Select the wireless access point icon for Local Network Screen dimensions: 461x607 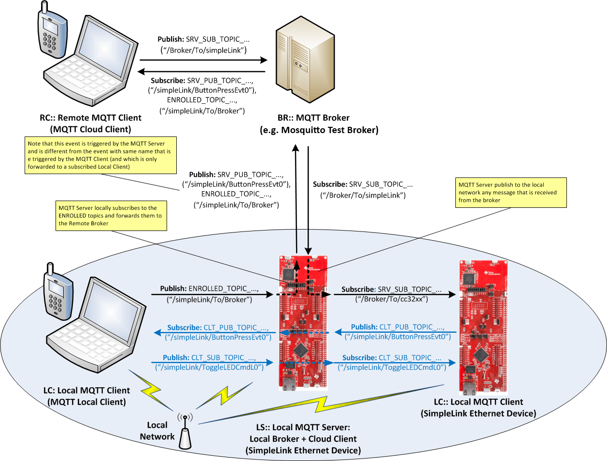185,431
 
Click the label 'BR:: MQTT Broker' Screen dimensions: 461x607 313,118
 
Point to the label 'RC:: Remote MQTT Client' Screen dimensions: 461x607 90,118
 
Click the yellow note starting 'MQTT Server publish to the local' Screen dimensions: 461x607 511,192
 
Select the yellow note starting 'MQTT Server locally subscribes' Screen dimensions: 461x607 112,216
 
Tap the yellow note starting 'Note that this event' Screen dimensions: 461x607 100,155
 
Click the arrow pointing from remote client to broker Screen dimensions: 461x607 203,60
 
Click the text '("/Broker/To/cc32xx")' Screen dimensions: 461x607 392,299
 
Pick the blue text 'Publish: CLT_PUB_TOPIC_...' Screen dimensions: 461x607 397,327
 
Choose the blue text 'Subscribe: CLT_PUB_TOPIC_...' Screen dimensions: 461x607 218,327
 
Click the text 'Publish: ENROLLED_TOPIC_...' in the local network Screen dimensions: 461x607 209,288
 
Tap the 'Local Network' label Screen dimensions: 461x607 157,431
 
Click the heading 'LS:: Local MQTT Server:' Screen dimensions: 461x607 303,427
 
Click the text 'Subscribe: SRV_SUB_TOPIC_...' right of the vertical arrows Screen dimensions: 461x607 363,184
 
